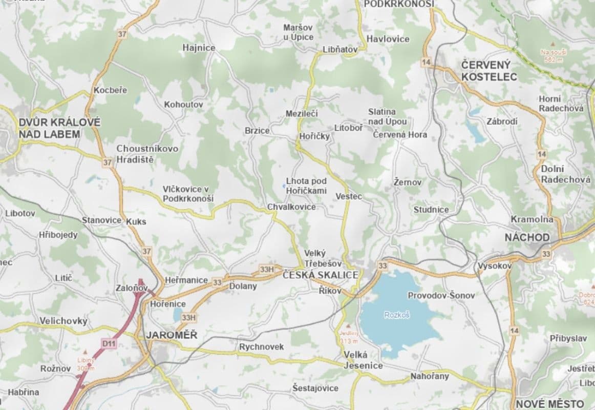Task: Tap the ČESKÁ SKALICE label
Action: (321, 275)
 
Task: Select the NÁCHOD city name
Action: (527, 237)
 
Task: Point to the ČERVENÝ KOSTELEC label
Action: (488, 71)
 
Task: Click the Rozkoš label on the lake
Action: (397, 315)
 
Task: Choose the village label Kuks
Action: (136, 221)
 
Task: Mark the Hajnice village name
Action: (199, 48)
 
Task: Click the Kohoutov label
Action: (183, 105)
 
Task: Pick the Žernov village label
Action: (408, 182)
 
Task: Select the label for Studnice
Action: (431, 209)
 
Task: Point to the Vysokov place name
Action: (495, 266)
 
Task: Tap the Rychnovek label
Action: (261, 347)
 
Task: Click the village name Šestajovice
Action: (315, 388)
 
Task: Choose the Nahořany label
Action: (429, 376)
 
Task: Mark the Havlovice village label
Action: (388, 39)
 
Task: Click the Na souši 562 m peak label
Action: (554, 55)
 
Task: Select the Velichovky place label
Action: (63, 321)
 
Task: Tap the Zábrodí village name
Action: (502, 121)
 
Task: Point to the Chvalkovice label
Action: (291, 207)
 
